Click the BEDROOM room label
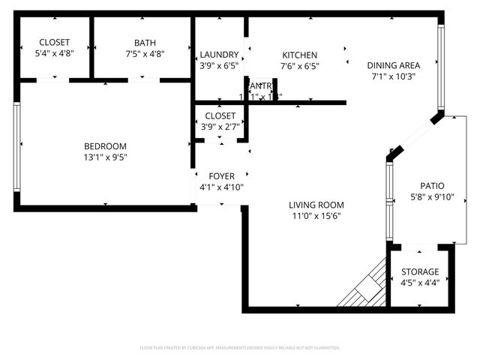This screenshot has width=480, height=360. click(105, 146)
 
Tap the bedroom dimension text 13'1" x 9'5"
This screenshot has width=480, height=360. click(105, 157)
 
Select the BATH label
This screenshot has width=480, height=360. click(145, 43)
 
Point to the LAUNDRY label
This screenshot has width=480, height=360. click(220, 55)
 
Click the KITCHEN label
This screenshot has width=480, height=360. click(299, 55)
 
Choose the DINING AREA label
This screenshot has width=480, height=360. click(394, 65)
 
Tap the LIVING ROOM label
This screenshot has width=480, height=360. click(316, 205)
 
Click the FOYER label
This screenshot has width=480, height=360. click(221, 176)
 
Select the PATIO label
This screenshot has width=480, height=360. click(432, 186)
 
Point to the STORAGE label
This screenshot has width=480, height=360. click(420, 271)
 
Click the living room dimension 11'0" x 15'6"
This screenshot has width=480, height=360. click(316, 216)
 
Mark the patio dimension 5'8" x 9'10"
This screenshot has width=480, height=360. click(432, 197)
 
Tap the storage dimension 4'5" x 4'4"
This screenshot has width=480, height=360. click(420, 283)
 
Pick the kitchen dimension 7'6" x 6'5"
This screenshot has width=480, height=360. click(299, 66)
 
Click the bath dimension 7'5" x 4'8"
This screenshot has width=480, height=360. click(145, 54)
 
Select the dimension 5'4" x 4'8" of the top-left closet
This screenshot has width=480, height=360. click(54, 54)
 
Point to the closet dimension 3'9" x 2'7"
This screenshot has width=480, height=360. click(220, 127)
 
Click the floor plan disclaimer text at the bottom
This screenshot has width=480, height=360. click(240, 348)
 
